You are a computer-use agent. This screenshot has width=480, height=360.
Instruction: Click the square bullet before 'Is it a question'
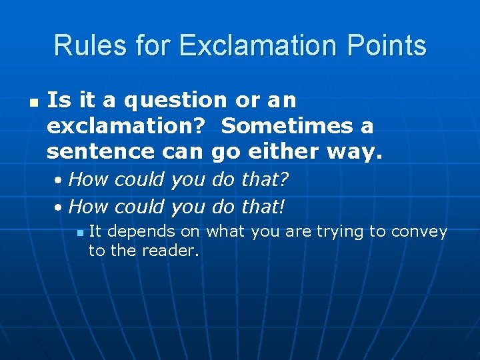pyautogui.click(x=32, y=103)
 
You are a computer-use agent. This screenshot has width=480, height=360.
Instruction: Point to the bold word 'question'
pyautogui.click(x=175, y=101)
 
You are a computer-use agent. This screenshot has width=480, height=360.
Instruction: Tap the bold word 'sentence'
pyautogui.click(x=101, y=151)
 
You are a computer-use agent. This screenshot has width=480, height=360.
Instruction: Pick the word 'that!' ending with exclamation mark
pyautogui.click(x=263, y=207)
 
